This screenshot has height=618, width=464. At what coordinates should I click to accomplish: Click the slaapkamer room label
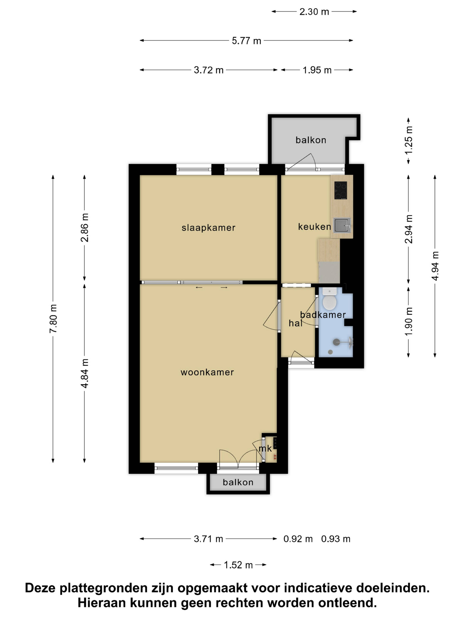(208, 228)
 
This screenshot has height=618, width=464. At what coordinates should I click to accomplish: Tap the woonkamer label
(207, 372)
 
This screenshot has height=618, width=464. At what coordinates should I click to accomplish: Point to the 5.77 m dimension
(246, 41)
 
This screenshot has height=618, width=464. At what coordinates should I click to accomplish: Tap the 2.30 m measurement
(314, 12)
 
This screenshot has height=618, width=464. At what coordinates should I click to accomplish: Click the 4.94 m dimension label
(435, 266)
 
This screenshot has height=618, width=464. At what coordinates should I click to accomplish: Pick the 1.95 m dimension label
(317, 70)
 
